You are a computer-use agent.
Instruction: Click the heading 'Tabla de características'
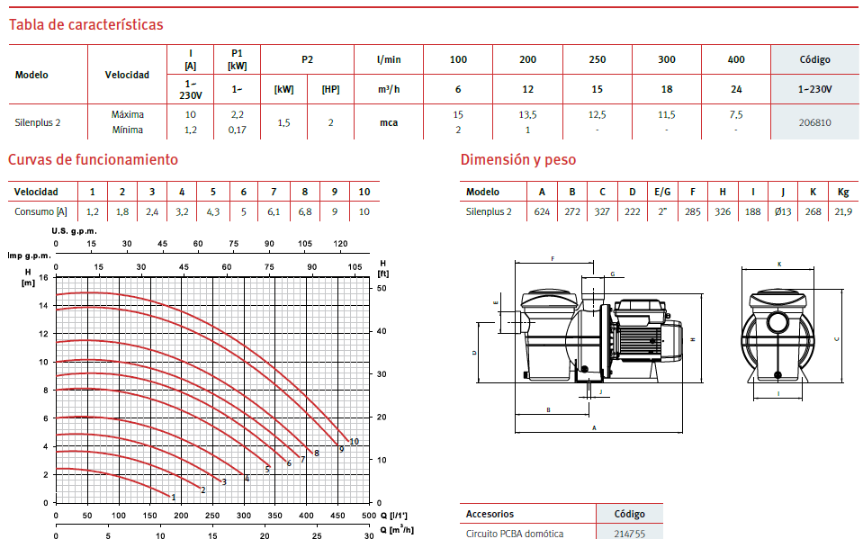tap(85, 25)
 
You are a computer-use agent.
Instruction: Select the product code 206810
tap(814, 122)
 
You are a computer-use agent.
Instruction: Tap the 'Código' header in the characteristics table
tap(814, 59)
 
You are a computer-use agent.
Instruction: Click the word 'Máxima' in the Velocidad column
tap(128, 114)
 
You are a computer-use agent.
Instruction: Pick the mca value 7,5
tap(736, 114)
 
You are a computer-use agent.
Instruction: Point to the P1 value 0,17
tap(238, 130)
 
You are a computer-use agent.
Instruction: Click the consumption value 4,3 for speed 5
tap(213, 211)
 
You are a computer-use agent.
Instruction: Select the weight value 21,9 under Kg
tap(843, 211)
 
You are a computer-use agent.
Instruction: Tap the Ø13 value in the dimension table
tap(783, 211)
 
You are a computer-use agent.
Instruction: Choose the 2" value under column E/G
tap(662, 211)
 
